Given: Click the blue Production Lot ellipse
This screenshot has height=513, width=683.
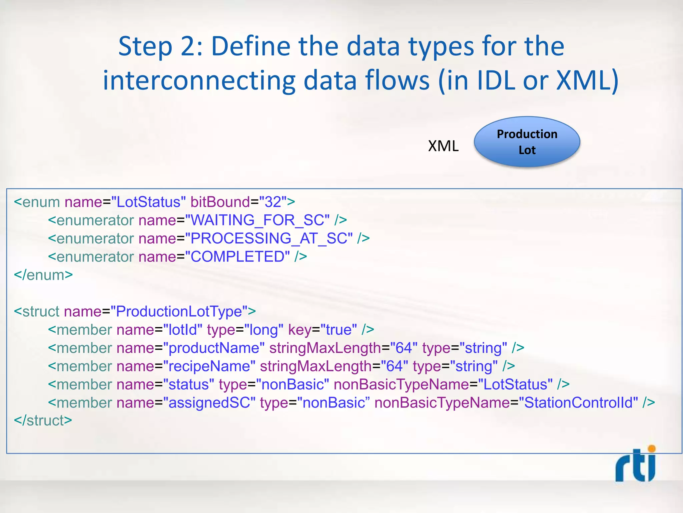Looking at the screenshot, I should click(x=527, y=142).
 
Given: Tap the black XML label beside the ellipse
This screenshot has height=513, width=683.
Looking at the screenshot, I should click(x=443, y=146).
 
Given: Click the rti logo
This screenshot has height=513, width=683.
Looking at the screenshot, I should click(x=635, y=465).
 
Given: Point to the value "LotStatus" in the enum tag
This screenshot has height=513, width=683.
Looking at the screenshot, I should click(x=148, y=202).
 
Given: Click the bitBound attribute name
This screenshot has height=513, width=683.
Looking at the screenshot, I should click(x=220, y=202).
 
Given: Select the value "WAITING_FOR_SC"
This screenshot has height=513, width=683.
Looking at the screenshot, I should click(x=257, y=220).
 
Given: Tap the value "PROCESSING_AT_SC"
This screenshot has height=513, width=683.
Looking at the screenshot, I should click(x=269, y=238).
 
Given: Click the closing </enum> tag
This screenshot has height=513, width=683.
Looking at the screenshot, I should click(x=43, y=275).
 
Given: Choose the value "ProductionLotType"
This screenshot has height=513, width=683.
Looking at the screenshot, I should click(x=179, y=312).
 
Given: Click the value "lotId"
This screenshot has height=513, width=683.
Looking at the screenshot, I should click(x=183, y=330).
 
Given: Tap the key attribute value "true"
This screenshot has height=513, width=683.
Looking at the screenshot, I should click(x=339, y=330).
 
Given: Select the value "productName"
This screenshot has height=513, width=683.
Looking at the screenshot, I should click(x=214, y=348).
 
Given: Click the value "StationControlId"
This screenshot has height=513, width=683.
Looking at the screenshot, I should click(x=579, y=403).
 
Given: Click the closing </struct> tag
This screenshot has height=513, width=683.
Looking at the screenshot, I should click(x=43, y=421).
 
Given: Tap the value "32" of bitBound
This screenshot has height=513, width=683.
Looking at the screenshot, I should click(x=273, y=202).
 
